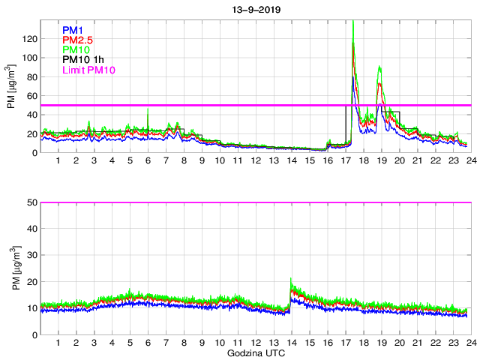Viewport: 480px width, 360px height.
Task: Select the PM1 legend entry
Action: (73, 30)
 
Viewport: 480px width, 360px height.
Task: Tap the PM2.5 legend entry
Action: (78, 40)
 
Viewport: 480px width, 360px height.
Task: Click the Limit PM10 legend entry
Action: (88, 70)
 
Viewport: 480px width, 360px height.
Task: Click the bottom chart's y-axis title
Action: (11, 268)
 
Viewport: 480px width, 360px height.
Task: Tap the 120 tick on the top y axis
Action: (30, 39)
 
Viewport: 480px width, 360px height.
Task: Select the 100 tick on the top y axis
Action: (30, 58)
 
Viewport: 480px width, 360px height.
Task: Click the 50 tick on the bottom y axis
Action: (32, 202)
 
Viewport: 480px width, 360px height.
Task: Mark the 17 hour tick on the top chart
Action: (344, 160)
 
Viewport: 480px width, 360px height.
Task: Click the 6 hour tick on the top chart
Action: (148, 160)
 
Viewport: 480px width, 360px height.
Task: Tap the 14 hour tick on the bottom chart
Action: (291, 342)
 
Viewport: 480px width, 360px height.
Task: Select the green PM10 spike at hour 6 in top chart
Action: (148, 109)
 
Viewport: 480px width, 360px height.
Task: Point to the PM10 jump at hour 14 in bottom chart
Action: (291, 280)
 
